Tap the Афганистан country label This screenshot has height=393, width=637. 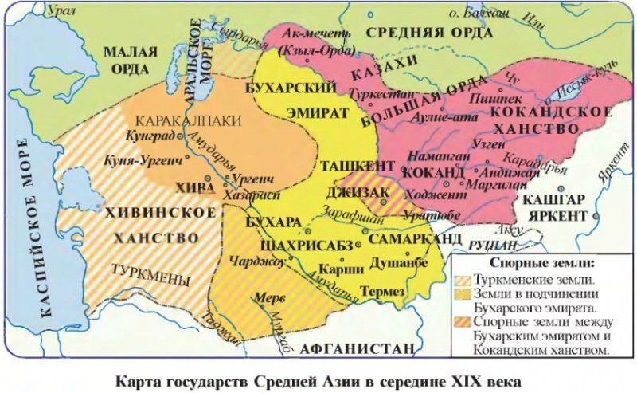point(358,348)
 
